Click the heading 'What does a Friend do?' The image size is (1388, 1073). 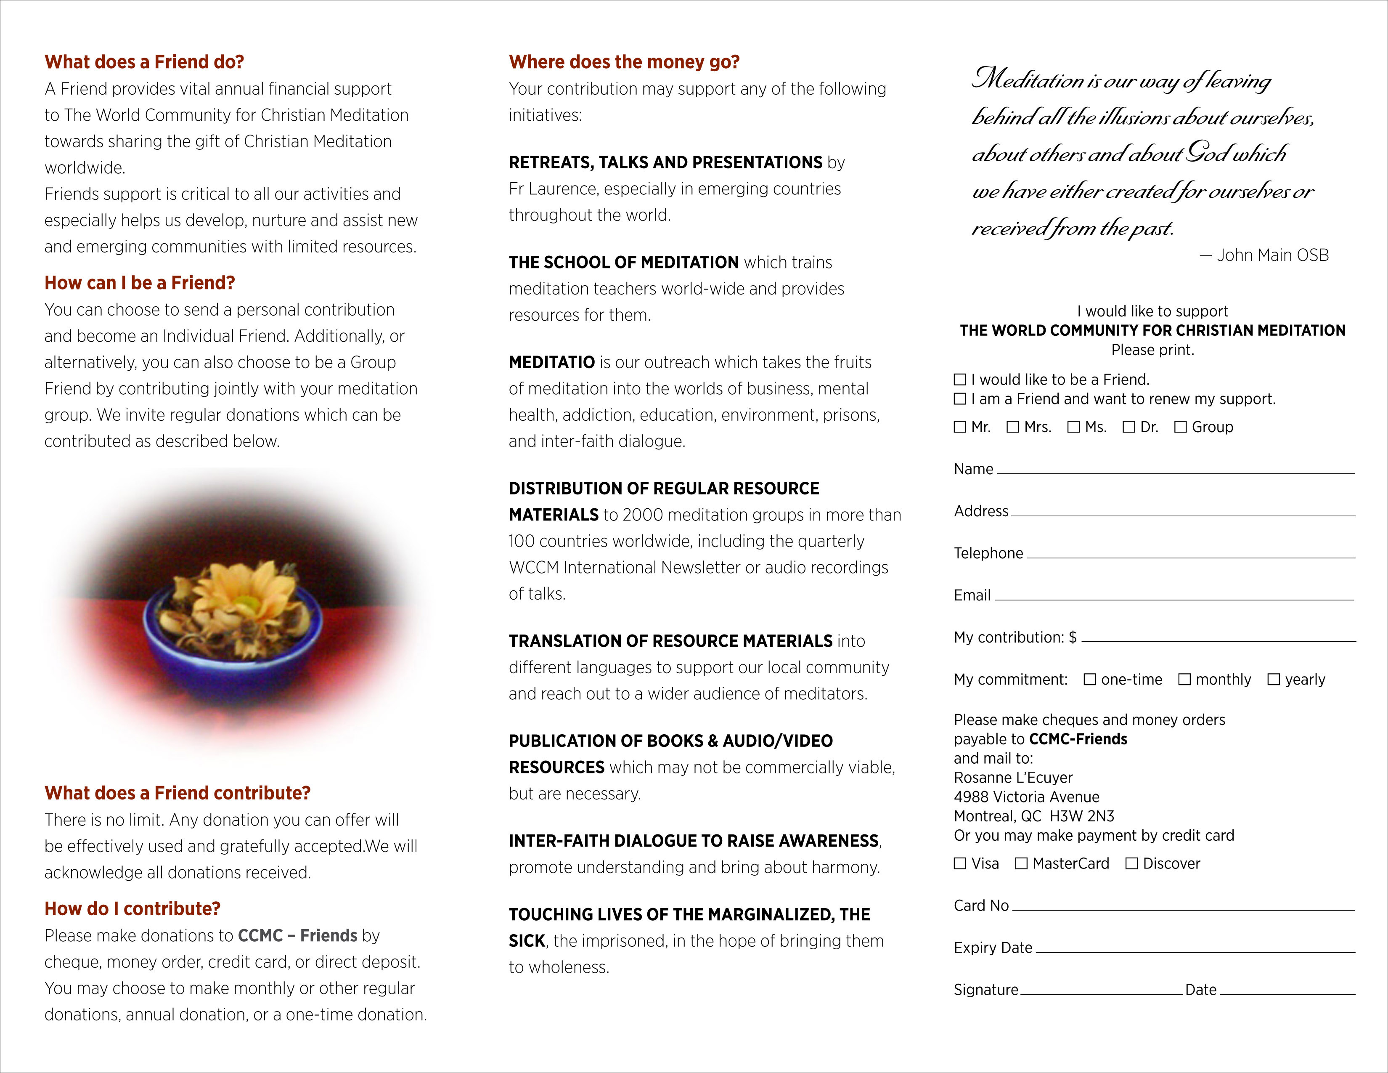[144, 62]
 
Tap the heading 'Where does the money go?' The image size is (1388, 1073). [624, 62]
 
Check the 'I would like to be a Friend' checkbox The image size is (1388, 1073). [960, 380]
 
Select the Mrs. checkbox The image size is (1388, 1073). [1012, 427]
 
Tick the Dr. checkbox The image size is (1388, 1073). [1129, 427]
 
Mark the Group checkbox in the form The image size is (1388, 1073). [1180, 427]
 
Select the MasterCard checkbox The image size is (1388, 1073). [1021, 863]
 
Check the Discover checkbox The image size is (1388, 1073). [1131, 863]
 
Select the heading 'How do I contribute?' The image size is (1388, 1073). [132, 908]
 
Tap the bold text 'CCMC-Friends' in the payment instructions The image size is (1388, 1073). [1078, 739]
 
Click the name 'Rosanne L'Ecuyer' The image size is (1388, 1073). [1013, 778]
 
